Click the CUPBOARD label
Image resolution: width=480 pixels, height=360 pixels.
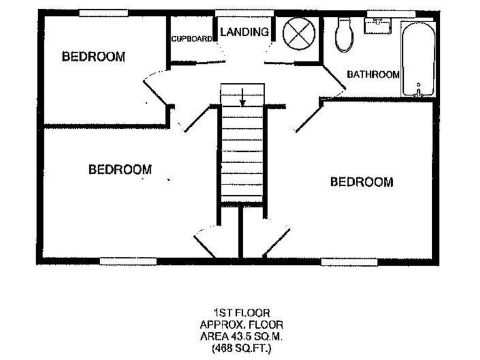[x=191, y=38]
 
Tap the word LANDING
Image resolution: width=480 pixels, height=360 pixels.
[x=244, y=32]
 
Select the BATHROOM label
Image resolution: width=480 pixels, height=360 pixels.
[x=373, y=74]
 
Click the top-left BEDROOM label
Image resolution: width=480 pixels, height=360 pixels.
[x=94, y=57]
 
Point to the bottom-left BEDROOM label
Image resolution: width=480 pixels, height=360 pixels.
[x=120, y=169]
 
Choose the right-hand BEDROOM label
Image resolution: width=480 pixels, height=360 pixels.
[x=362, y=182]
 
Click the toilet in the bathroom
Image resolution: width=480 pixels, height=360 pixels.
[x=343, y=34]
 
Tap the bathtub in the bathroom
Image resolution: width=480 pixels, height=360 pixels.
[x=416, y=59]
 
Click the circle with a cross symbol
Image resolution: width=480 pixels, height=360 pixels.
[x=297, y=34]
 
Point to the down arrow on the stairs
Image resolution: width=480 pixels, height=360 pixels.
[x=244, y=97]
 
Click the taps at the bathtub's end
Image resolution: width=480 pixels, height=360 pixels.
[x=417, y=92]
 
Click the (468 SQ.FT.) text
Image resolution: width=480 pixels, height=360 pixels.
[x=241, y=346]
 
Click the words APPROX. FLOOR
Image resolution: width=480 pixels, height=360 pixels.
[x=241, y=324]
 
